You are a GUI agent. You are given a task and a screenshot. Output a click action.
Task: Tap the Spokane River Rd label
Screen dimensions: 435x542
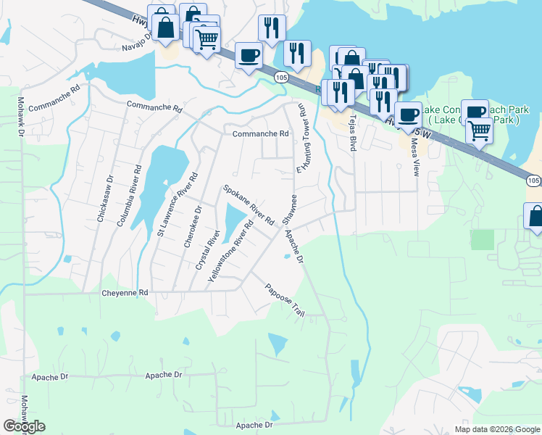[249, 204]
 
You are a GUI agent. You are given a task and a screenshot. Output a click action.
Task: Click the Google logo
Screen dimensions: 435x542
[25, 426]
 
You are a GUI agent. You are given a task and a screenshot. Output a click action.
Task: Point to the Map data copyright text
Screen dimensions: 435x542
[496, 429]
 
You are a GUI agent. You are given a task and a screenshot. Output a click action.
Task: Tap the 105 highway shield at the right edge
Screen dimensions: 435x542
[533, 180]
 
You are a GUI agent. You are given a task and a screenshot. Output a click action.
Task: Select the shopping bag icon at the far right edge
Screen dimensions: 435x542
[535, 216]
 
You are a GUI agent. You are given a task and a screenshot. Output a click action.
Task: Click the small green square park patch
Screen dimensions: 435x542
[481, 240]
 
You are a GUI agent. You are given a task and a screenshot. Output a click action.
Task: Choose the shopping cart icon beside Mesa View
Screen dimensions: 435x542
[478, 131]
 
